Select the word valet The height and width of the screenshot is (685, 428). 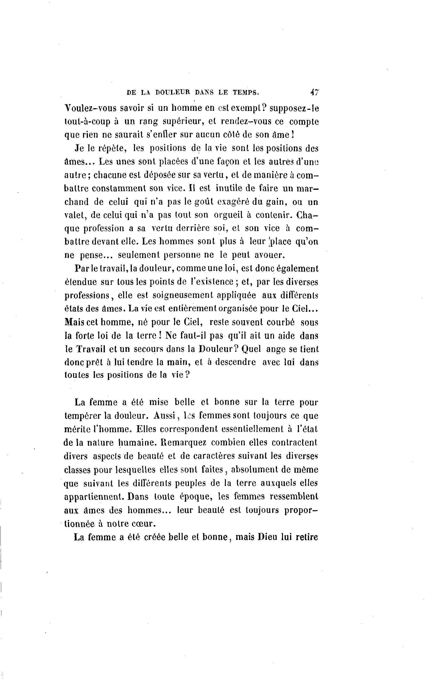click(x=75, y=215)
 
